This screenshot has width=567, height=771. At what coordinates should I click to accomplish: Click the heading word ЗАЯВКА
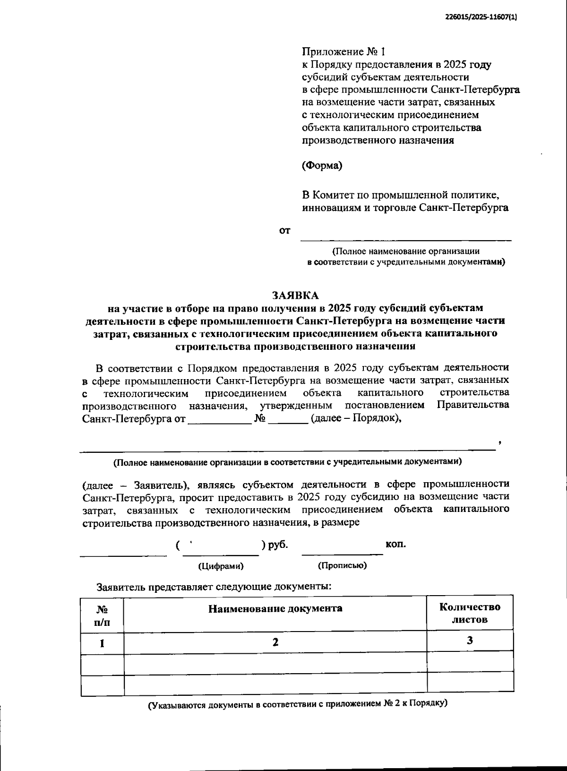tap(295, 295)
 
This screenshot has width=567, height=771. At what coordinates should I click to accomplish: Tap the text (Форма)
tap(322, 165)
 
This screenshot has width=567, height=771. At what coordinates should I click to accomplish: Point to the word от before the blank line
tap(284, 231)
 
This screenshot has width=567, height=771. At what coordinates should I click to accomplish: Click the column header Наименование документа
tap(275, 608)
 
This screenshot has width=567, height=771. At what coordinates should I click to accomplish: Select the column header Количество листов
tap(470, 613)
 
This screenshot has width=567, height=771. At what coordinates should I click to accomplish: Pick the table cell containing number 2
tap(275, 642)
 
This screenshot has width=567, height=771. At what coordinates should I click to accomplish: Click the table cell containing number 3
tap(470, 641)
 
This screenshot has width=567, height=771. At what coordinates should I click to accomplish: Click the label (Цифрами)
tap(221, 566)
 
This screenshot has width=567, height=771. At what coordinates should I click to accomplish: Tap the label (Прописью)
tap(343, 565)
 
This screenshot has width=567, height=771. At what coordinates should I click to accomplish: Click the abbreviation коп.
tap(396, 544)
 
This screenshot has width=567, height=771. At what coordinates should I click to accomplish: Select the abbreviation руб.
tap(278, 545)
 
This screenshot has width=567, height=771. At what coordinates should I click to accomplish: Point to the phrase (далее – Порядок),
tap(356, 418)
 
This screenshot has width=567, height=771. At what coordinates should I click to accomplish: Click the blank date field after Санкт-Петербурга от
tap(220, 420)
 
